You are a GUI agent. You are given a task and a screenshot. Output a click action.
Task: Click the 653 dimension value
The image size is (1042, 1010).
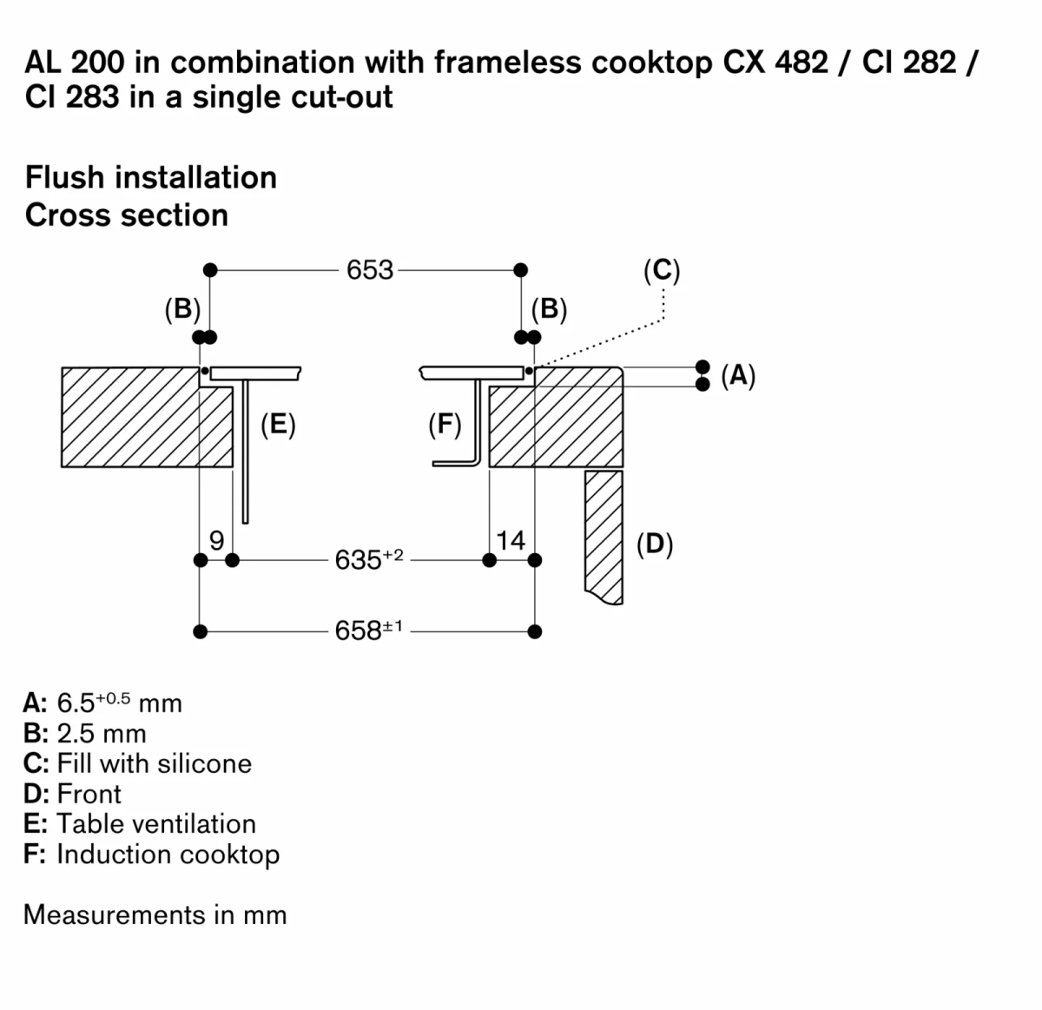(370, 270)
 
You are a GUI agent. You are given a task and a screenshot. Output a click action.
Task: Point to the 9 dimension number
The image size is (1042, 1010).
(217, 540)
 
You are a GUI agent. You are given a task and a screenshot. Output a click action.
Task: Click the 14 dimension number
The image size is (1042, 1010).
(511, 540)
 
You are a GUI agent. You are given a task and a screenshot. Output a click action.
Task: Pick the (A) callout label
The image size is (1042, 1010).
(738, 375)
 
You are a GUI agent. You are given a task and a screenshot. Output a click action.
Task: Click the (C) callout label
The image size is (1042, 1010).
(662, 270)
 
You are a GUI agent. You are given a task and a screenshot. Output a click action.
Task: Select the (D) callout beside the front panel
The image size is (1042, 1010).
(655, 544)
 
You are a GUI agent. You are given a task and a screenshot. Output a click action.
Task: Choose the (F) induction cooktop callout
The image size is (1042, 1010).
(445, 426)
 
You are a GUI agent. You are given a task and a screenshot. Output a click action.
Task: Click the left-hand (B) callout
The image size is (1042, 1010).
(182, 308)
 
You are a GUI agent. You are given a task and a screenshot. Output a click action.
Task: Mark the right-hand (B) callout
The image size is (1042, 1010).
(549, 308)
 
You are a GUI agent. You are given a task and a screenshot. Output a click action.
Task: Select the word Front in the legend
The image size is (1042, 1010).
(89, 794)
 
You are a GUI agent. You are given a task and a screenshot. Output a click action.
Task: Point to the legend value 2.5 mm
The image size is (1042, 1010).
(101, 733)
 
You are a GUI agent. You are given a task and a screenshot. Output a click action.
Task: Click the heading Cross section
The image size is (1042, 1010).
(127, 215)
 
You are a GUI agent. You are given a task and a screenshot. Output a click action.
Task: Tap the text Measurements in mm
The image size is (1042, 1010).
(155, 914)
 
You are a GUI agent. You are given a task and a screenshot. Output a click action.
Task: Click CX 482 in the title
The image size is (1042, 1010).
(775, 63)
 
